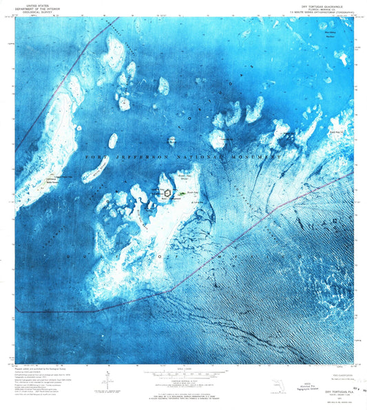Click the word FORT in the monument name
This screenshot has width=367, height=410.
coord(97,158)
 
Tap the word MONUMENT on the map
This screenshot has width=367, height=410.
coord(257,158)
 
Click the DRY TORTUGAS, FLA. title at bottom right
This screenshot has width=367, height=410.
coord(328,390)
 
